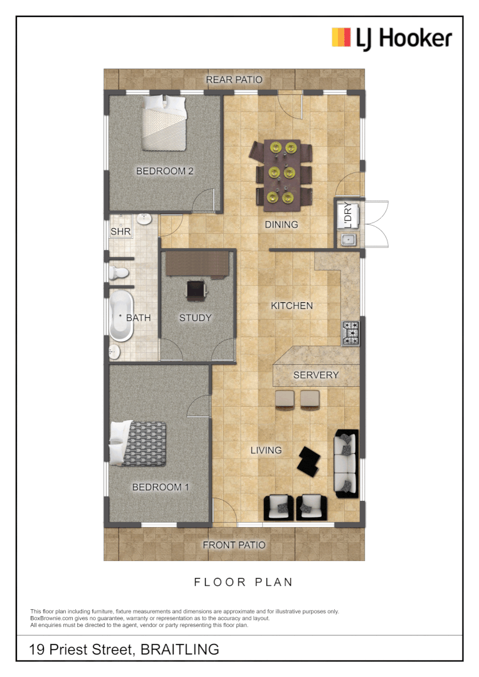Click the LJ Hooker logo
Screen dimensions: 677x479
pyautogui.click(x=392, y=38)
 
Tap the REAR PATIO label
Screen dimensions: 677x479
pyautogui.click(x=234, y=80)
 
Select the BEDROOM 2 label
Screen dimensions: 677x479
pyautogui.click(x=165, y=171)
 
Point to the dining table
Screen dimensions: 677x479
pyautogui.click(x=282, y=172)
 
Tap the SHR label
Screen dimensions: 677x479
pyautogui.click(x=119, y=231)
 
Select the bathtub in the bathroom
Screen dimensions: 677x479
pyautogui.click(x=121, y=317)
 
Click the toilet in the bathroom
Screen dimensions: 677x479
pyautogui.click(x=119, y=273)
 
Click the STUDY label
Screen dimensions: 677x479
pyautogui.click(x=196, y=318)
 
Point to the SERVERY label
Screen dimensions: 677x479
pyautogui.click(x=316, y=375)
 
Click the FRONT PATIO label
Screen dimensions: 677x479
pyautogui.click(x=234, y=545)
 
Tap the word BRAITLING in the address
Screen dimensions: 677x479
pyautogui.click(x=181, y=649)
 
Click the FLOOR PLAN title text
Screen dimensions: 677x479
pyautogui.click(x=243, y=582)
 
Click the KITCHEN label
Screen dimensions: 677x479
pyautogui.click(x=292, y=306)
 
